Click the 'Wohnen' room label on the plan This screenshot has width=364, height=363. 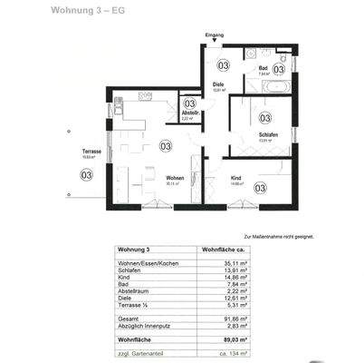(176, 178)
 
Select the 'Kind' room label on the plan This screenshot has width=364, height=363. (236, 178)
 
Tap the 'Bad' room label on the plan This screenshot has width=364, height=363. (261, 67)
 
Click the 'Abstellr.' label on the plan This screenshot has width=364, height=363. (189, 113)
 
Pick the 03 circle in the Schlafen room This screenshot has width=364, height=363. (265, 117)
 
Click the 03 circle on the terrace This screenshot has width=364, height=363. (87, 175)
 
